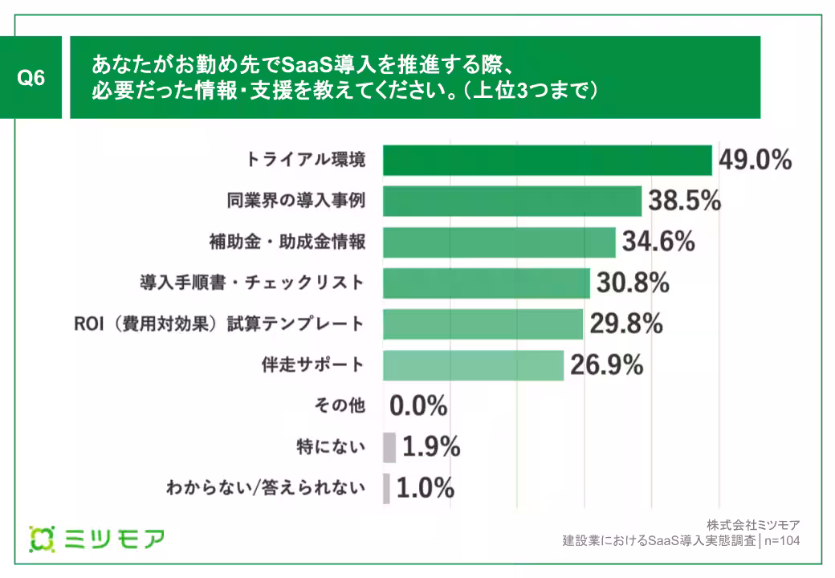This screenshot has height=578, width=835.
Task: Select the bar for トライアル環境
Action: click(547, 160)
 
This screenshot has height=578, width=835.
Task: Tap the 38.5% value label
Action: click(685, 201)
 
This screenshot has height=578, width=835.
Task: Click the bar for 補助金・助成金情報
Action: click(499, 242)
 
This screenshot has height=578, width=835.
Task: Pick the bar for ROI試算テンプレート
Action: click(483, 324)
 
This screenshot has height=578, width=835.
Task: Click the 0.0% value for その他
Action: click(418, 406)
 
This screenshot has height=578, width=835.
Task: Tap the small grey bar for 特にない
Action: click(389, 447)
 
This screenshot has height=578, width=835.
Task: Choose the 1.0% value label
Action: click(426, 487)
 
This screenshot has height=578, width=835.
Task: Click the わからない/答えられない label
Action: click(265, 487)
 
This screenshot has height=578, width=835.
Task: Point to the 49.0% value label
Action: click(755, 160)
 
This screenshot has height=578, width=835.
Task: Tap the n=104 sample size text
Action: click(781, 541)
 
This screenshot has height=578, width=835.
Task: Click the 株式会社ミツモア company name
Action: click(754, 525)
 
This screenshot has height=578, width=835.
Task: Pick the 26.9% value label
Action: click(607, 365)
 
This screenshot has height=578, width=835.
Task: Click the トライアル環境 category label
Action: click(307, 160)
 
